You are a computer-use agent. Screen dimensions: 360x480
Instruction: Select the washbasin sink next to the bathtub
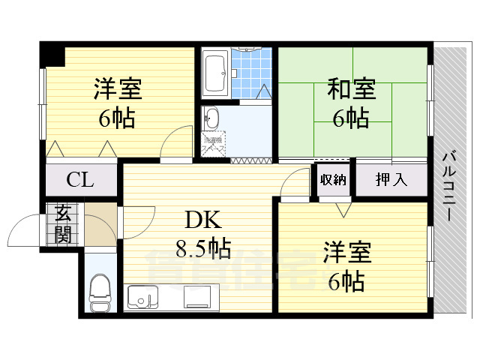[x=211, y=118]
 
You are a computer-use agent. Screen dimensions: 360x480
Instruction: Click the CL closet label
[x=79, y=180]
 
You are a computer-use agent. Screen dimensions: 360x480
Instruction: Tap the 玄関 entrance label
[x=63, y=224]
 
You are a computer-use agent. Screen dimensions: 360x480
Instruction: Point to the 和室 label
[x=351, y=90]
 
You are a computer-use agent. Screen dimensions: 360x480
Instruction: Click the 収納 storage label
[x=333, y=179]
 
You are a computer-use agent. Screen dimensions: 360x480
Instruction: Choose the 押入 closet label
[x=390, y=179]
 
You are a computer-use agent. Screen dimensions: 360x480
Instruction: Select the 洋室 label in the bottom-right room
[x=348, y=253]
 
